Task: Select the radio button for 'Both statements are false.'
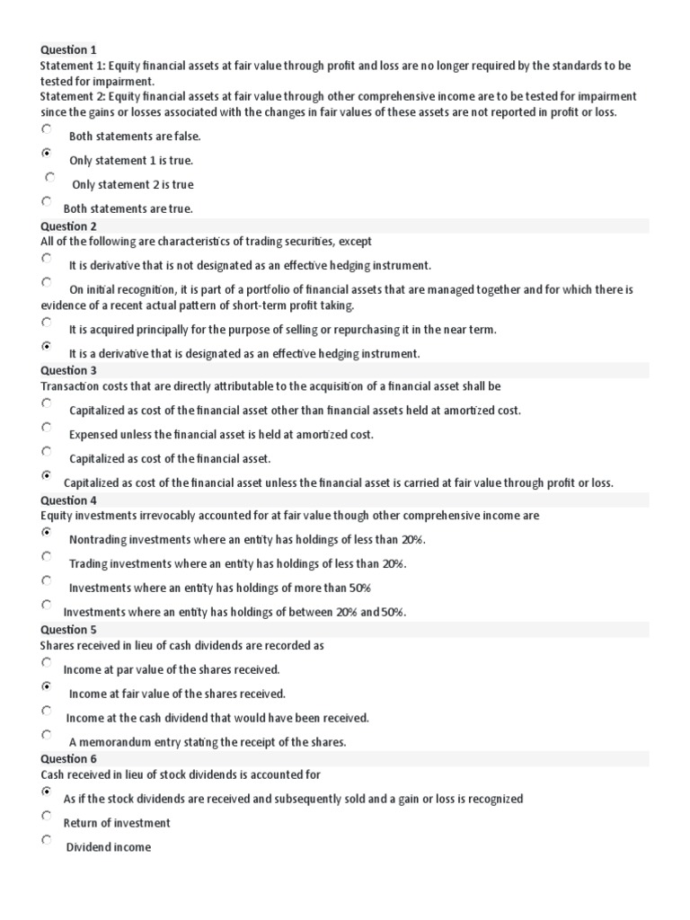[x=47, y=129]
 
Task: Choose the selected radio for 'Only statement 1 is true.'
[x=47, y=154]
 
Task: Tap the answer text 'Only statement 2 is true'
[x=132, y=185]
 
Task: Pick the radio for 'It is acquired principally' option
[x=47, y=322]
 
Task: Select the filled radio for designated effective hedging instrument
[x=47, y=346]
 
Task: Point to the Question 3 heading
[x=68, y=370]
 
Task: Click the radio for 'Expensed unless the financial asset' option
[x=47, y=427]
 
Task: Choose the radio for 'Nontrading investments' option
[x=47, y=532]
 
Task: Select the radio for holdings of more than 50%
[x=47, y=580]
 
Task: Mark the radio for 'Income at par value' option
[x=47, y=662]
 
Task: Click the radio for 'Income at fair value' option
[x=47, y=686]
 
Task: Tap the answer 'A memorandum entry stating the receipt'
[x=207, y=742]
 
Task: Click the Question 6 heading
[x=68, y=759]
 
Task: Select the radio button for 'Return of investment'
[x=47, y=816]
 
